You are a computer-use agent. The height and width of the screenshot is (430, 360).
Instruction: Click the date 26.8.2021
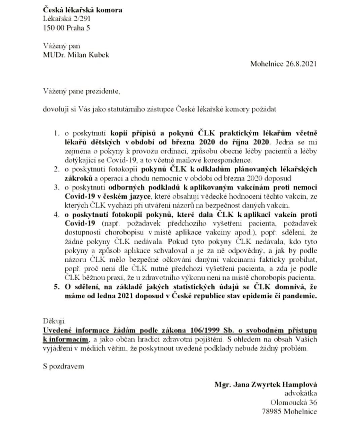tap(301, 64)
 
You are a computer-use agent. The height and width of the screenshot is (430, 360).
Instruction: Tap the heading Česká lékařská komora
tap(83, 10)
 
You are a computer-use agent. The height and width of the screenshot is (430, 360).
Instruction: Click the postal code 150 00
tap(54, 28)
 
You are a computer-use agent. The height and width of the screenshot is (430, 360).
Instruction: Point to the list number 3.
tap(56, 187)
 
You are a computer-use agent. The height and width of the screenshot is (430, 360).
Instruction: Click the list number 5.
tap(56, 287)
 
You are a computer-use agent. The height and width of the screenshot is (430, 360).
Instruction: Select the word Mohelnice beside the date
tap(267, 64)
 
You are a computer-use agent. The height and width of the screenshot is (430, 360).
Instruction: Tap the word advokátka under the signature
tap(301, 393)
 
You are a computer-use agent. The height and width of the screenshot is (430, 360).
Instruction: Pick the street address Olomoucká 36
tap(293, 402)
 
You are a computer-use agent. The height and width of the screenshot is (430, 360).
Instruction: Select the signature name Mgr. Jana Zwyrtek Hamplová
tap(266, 385)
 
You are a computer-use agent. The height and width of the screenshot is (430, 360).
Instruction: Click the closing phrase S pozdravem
tap(64, 366)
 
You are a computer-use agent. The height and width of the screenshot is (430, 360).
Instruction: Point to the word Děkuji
tap(54, 322)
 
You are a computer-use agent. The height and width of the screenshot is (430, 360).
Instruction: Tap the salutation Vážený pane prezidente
tap(81, 91)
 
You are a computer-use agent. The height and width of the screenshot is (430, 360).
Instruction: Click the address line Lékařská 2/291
tap(67, 19)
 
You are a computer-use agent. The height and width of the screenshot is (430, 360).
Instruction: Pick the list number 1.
tap(56, 133)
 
